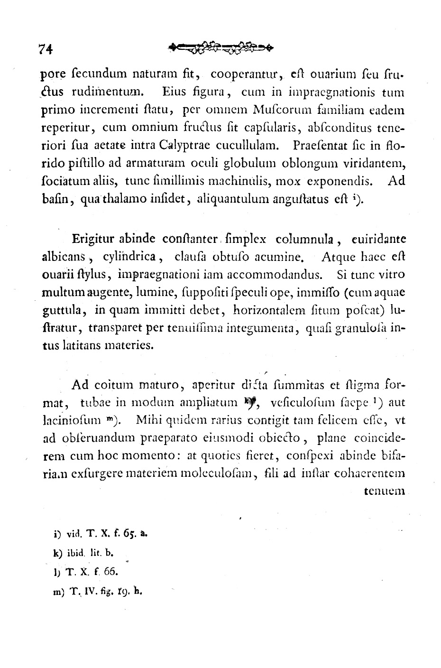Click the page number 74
pos(47,49)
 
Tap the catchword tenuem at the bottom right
pos(384,491)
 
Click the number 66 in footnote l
pos(104,571)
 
